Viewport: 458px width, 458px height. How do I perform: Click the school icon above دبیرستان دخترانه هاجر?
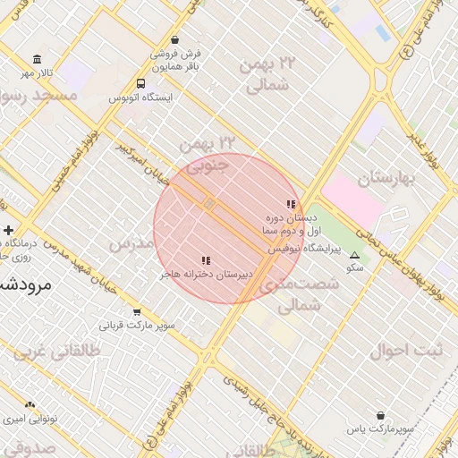(206, 260)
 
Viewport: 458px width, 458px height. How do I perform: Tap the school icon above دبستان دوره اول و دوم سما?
(290, 205)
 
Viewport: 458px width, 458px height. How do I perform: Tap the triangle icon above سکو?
(354, 255)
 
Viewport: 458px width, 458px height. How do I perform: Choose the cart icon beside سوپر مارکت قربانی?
(136, 312)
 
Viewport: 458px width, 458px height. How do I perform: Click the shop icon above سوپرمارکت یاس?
(381, 416)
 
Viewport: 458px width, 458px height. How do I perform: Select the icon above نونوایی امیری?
(30, 405)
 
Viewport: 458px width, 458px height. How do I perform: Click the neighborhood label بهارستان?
(387, 179)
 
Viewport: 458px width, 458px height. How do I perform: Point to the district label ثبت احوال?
(406, 350)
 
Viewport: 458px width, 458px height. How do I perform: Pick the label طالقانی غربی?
(45, 351)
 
